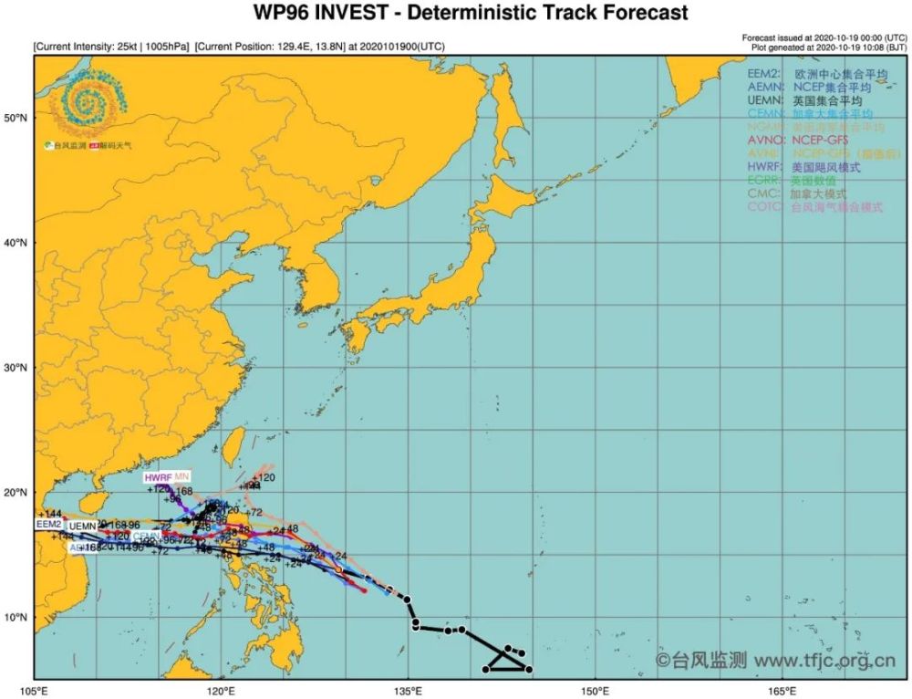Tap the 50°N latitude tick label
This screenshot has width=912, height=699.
point(16,118)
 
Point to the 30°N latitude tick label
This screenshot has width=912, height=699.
point(16,368)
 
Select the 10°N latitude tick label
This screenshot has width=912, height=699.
point(16,617)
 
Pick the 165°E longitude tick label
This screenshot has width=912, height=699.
point(782,689)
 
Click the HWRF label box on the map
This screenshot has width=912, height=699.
point(158,478)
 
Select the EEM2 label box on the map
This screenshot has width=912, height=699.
point(49,525)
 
